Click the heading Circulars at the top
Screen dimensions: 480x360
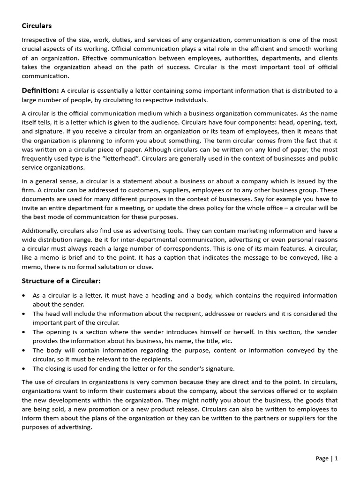coord(37,26)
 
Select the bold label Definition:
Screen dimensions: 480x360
coord(40,90)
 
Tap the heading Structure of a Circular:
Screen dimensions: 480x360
coord(61,281)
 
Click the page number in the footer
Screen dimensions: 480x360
coord(327,458)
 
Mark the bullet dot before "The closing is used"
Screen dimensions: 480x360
coord(24,368)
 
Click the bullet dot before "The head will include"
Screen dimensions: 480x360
coord(24,314)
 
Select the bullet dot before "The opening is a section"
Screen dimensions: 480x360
coord(24,332)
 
